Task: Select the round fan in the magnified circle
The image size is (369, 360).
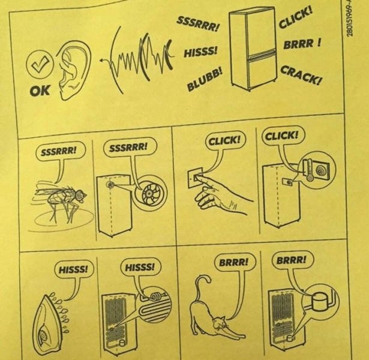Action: tap(148, 193)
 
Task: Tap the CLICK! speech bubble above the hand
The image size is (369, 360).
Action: tap(226, 141)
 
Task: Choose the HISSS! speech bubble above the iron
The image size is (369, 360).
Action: tap(73, 269)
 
